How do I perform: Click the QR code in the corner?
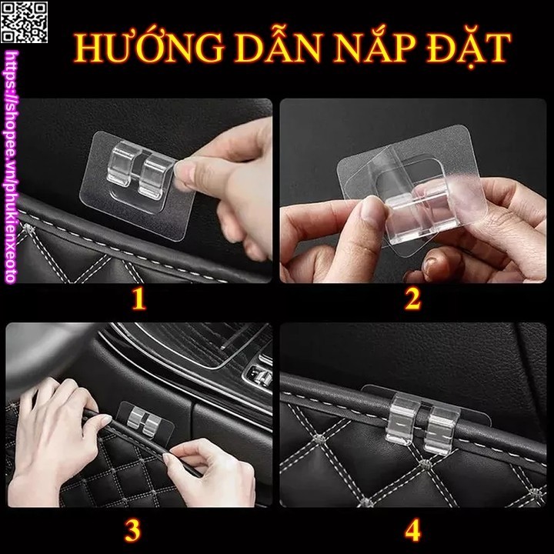point(24,22)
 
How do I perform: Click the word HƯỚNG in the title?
point(149,48)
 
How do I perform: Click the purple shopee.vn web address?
point(11,167)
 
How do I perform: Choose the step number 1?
point(138,299)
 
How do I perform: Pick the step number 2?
point(412,299)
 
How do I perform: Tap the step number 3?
point(133,530)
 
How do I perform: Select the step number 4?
point(412,530)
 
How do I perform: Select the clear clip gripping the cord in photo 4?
point(422,423)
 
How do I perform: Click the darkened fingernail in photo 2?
point(432,267)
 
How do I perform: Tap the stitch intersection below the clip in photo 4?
point(426,463)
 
